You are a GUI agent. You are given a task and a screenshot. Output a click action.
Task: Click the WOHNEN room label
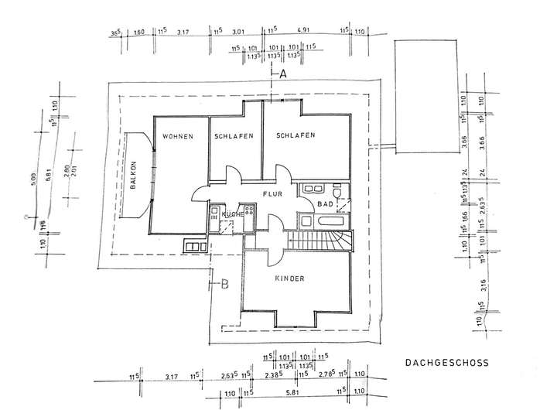point(176,137)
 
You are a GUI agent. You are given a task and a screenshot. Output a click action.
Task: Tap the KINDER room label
point(289,278)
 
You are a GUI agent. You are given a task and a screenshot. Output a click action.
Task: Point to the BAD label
point(325,204)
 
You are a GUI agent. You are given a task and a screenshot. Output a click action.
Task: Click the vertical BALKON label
point(135,176)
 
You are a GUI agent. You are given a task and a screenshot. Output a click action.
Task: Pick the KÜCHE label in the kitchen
point(232,214)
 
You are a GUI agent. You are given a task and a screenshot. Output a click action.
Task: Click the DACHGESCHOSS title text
point(446,361)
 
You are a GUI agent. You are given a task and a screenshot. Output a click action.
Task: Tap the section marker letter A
point(283,75)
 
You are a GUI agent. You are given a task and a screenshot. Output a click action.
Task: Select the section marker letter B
point(225,283)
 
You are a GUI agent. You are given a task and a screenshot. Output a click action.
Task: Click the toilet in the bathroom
point(337,190)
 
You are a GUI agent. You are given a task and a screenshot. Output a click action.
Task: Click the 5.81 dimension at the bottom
point(291,393)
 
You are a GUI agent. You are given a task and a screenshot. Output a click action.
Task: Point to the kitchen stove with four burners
point(249,211)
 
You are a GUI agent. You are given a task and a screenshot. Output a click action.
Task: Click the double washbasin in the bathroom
point(313,188)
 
